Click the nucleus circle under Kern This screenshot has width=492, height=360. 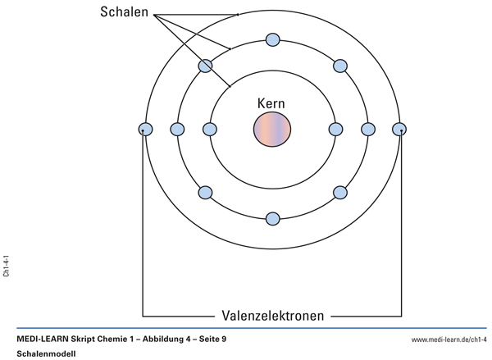click(272, 130)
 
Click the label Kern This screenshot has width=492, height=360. click(272, 104)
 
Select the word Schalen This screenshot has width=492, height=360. click(125, 12)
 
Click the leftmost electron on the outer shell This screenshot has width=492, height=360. click(146, 129)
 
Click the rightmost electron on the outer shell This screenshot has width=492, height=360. click(399, 129)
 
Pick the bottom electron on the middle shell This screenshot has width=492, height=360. click(272, 219)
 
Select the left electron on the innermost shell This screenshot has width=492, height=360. click(210, 129)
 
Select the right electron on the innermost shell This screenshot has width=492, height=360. click(335, 129)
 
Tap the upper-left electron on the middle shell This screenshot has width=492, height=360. click(205, 66)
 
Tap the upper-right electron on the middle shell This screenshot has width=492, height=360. click(340, 66)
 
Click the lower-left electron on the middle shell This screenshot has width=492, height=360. click(205, 193)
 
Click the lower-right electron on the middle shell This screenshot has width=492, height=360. click(340, 193)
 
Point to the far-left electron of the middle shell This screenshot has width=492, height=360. click(177, 129)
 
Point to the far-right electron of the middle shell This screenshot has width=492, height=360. click(368, 129)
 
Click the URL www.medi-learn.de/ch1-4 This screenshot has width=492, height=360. click(449, 339)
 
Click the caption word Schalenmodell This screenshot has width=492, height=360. click(45, 353)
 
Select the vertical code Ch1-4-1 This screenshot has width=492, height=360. click(7, 266)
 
